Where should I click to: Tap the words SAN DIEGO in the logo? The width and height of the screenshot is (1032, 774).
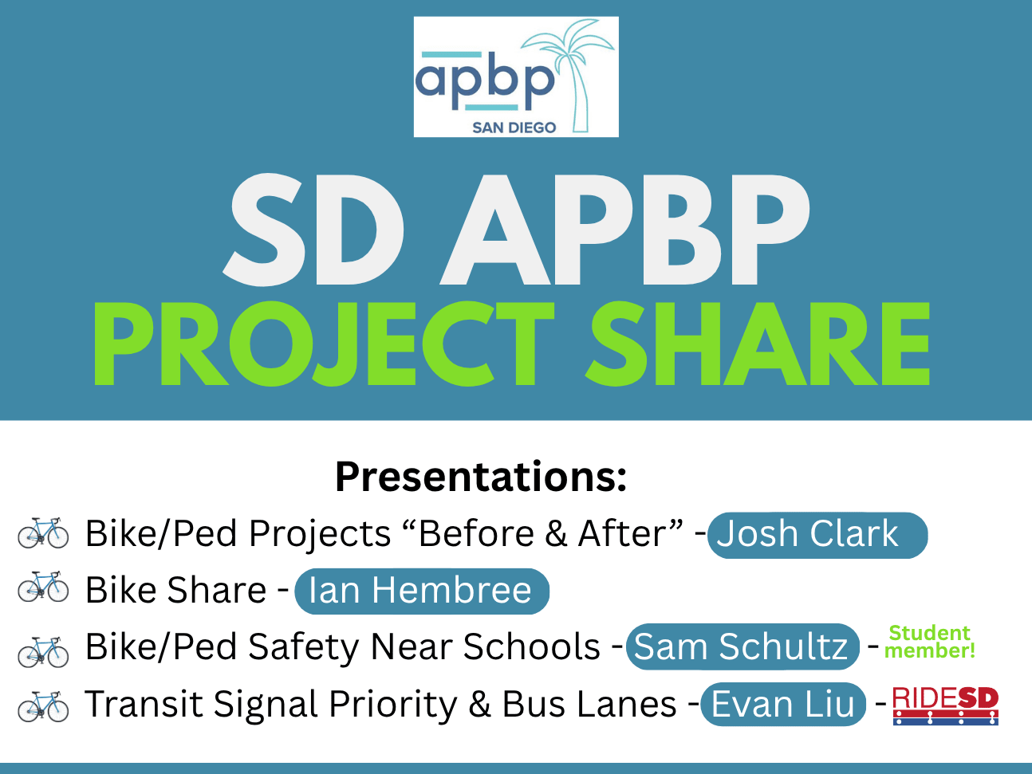tap(514, 128)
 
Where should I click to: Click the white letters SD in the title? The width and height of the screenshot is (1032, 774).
tap(313, 230)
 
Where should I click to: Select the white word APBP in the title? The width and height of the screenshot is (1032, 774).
tap(624, 230)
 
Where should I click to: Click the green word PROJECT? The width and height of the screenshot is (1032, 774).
tap(324, 344)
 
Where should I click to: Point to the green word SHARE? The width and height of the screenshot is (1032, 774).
tap(758, 344)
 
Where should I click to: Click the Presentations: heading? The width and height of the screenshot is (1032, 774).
tap(481, 477)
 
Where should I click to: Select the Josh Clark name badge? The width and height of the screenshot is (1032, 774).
tap(817, 535)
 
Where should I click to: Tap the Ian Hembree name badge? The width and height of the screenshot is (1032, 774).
tap(422, 591)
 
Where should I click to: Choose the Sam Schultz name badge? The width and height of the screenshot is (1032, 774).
tap(742, 646)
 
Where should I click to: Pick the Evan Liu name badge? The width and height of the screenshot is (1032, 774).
tap(783, 704)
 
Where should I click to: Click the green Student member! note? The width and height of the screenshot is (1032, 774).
tap(929, 642)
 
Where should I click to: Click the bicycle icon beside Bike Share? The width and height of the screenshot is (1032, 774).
tap(43, 587)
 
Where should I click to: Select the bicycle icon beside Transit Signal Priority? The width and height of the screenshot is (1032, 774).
tap(43, 706)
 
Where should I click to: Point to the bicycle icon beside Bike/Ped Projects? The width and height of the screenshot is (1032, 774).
tap(43, 533)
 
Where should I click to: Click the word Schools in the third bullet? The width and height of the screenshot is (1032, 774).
tap(531, 646)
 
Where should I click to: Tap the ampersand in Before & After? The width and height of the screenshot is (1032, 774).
tap(556, 534)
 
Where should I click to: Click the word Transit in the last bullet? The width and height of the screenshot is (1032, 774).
tap(144, 704)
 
